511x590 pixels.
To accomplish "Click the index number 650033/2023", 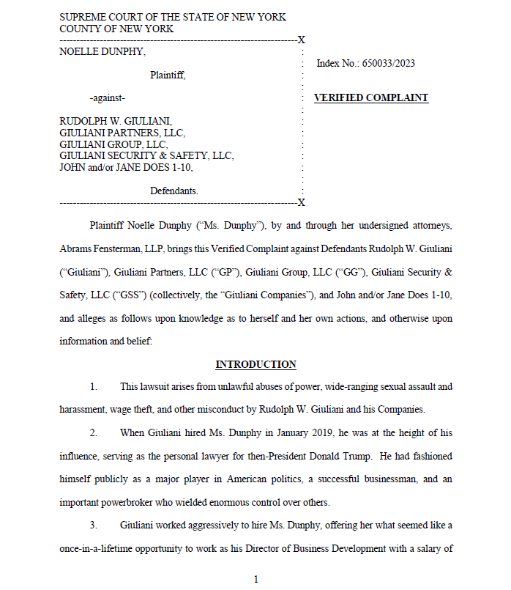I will (389, 64).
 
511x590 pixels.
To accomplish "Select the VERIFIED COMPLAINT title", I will (370, 98).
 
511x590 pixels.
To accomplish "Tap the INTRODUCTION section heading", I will (255, 364).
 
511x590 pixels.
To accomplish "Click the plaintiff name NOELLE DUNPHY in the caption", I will (102, 51).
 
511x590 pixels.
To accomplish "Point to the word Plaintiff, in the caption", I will (168, 75).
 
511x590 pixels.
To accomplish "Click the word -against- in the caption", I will (108, 98).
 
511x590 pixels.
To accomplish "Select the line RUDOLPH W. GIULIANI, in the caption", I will (116, 121).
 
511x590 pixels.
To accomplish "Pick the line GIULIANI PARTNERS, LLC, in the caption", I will (122, 133).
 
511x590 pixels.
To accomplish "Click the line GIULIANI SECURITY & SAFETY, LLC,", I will (146, 156).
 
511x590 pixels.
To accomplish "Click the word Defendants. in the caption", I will (174, 191).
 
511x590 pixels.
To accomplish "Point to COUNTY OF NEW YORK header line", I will (116, 29).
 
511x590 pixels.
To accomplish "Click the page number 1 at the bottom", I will (255, 580).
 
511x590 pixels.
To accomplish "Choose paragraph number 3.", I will (93, 525).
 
